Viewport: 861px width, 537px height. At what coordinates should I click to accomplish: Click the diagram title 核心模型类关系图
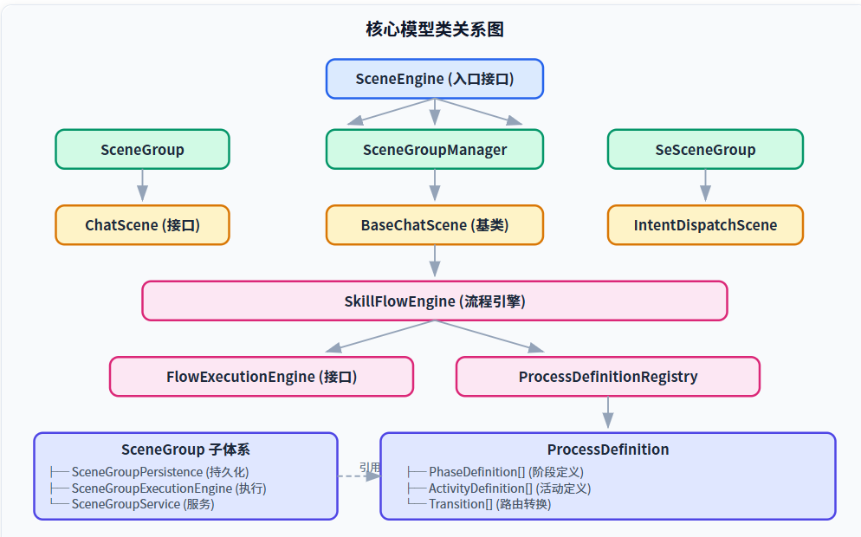(434, 29)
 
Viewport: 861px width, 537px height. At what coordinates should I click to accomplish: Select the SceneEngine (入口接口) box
(434, 79)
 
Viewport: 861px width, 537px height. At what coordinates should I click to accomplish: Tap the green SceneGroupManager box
(434, 149)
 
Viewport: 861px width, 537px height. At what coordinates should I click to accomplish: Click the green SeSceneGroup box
(705, 149)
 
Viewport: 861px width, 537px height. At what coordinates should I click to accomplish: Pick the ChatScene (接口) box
(142, 225)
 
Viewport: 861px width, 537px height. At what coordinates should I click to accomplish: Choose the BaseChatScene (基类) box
(434, 225)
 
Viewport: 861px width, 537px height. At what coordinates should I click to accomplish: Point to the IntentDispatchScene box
(705, 225)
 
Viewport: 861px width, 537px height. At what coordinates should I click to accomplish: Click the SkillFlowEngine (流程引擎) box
(434, 301)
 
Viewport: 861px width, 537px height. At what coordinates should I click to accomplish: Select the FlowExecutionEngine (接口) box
(262, 377)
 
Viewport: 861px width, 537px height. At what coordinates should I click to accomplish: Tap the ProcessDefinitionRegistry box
(608, 377)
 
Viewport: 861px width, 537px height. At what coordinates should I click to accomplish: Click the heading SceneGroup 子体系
(185, 450)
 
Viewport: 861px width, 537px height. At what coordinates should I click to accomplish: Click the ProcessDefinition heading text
(608, 450)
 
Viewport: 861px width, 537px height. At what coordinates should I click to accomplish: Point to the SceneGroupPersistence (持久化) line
(159, 472)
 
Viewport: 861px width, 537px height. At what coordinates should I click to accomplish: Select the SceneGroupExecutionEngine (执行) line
(169, 488)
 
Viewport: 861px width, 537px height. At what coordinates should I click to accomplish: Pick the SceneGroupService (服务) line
(143, 504)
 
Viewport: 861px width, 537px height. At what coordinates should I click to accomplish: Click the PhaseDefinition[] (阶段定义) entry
(506, 472)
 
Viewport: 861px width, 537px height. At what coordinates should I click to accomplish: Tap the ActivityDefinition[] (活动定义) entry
(509, 488)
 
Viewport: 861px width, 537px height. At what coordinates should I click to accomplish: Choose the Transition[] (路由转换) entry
(489, 504)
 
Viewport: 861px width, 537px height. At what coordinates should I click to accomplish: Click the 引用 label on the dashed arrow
(370, 467)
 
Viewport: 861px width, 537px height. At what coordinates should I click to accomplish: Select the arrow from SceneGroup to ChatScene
(142, 185)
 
